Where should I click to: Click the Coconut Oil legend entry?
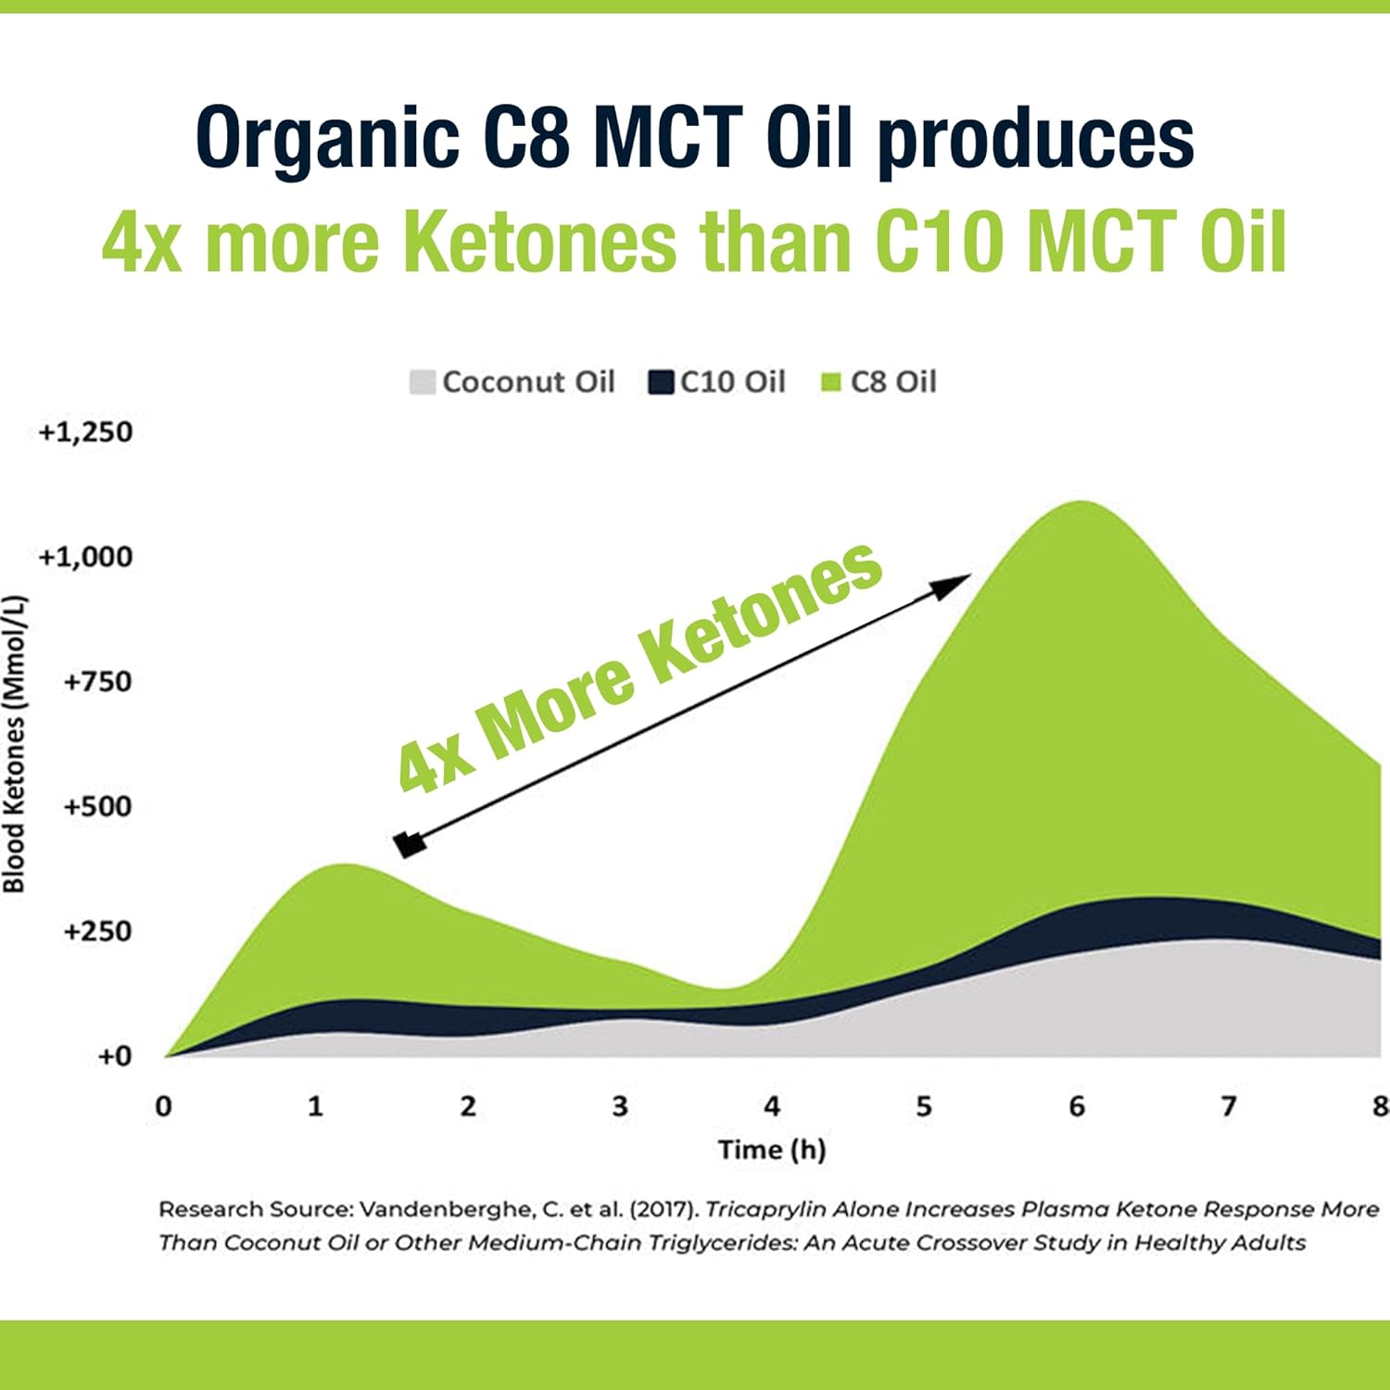click(512, 382)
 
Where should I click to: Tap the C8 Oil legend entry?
click(879, 382)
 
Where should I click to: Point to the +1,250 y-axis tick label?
click(85, 432)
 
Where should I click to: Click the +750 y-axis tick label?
click(97, 682)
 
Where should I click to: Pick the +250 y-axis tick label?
click(97, 931)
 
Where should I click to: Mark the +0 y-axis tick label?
click(115, 1056)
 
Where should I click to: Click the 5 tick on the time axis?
click(924, 1106)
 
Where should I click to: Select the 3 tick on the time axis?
click(620, 1106)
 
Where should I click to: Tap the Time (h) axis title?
click(772, 1150)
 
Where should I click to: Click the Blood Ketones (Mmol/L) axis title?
click(15, 744)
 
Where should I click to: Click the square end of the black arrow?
click(409, 844)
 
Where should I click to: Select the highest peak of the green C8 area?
click(1080, 503)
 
